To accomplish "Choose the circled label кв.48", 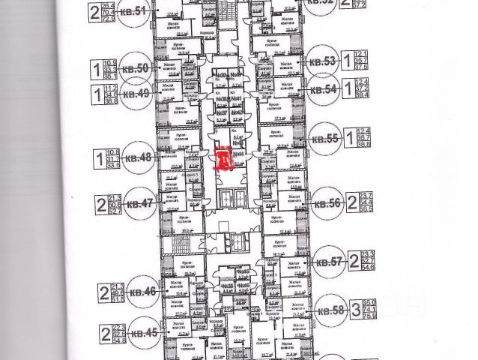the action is [139, 158].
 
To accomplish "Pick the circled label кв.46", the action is [143, 291].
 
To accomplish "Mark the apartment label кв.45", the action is [145, 332].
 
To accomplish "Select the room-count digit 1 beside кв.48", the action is [97, 158].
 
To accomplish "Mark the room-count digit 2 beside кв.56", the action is [351, 202].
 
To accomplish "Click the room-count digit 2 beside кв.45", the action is [104, 332].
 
